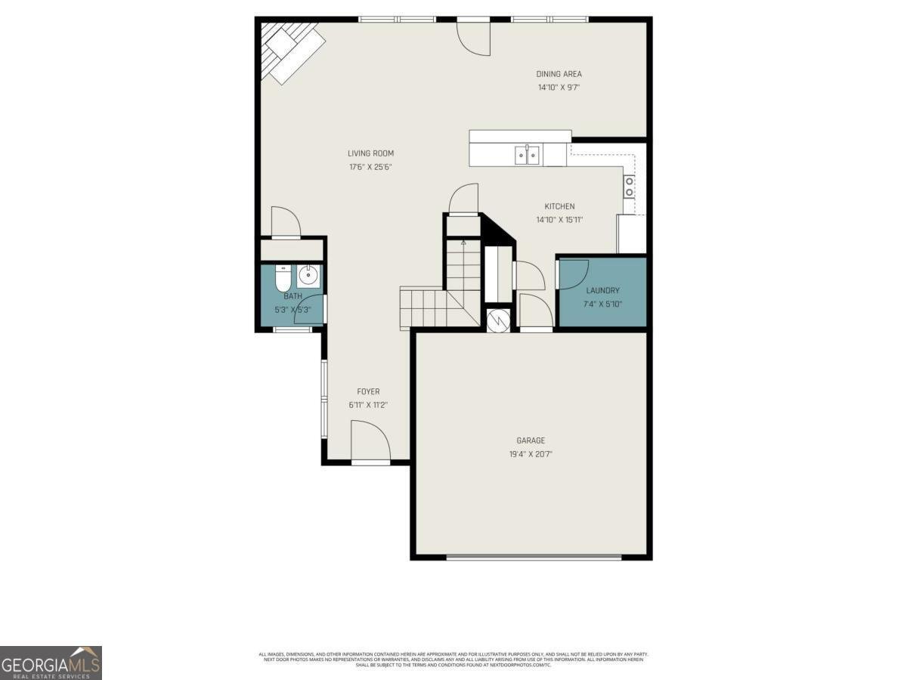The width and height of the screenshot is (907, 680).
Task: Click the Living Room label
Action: pyautogui.click(x=370, y=153)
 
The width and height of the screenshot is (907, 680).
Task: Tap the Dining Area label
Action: pyautogui.click(x=559, y=74)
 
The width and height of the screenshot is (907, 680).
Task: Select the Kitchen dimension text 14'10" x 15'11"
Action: pyautogui.click(x=559, y=221)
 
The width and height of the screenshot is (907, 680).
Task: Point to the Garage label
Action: pyautogui.click(x=531, y=440)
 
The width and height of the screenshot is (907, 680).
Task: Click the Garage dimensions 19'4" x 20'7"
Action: pyautogui.click(x=531, y=454)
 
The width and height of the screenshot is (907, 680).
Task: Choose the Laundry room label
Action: pyautogui.click(x=602, y=290)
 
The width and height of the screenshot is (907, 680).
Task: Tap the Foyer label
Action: pyautogui.click(x=368, y=391)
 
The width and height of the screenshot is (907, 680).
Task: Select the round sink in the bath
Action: pyautogui.click(x=308, y=275)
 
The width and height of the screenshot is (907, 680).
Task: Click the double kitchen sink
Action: pyautogui.click(x=527, y=156)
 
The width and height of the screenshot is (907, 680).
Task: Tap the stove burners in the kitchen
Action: pyautogui.click(x=629, y=187)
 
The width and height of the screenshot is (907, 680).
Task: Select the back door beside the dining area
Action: pyautogui.click(x=474, y=36)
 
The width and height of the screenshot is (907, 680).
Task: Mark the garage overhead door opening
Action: pyautogui.click(x=534, y=558)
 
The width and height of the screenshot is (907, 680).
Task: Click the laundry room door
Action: pyautogui.click(x=572, y=273)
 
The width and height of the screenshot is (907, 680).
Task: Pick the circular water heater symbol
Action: pyautogui.click(x=499, y=320)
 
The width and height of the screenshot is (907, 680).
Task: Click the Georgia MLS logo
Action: pyautogui.click(x=51, y=663)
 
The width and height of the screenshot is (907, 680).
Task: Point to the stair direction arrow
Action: pyautogui.click(x=463, y=243)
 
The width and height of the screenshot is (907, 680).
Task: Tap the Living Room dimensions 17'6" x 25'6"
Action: pyautogui.click(x=370, y=167)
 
